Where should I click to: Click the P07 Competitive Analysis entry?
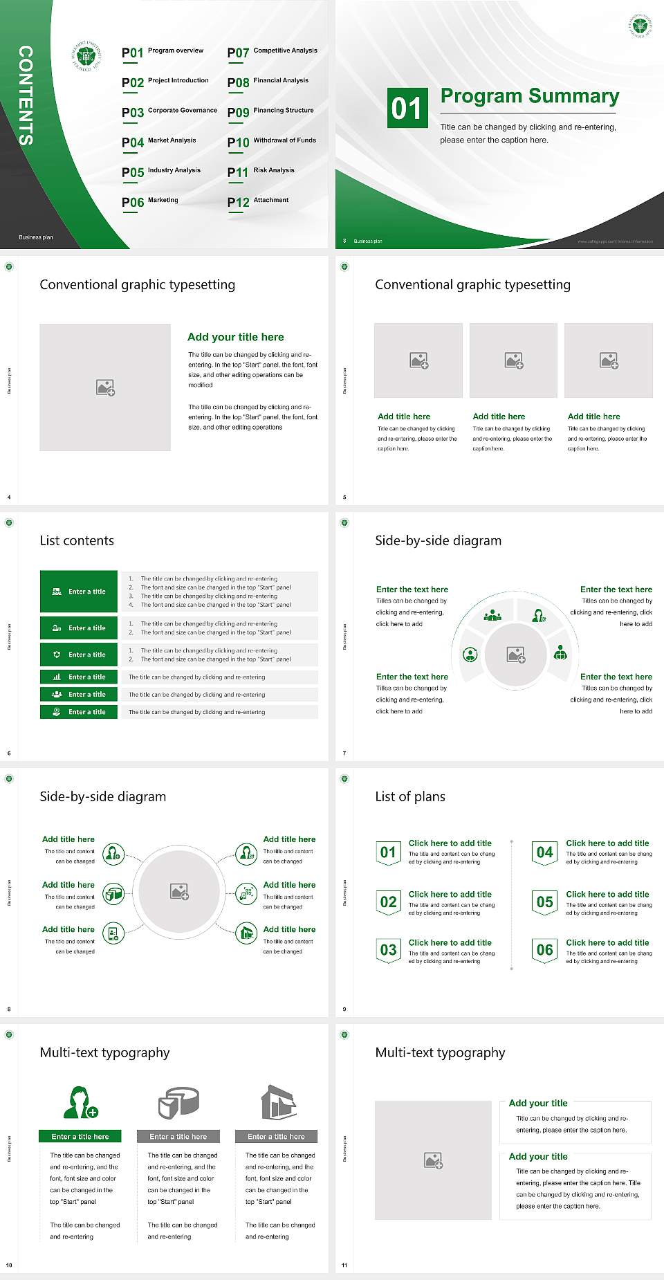[x=272, y=52]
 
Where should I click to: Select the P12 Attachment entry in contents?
[x=258, y=201]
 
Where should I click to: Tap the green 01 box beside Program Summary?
[x=407, y=108]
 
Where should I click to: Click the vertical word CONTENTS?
[x=26, y=95]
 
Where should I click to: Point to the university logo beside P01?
[x=86, y=56]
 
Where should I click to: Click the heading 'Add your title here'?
[x=235, y=337]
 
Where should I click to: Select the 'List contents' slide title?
[x=77, y=540]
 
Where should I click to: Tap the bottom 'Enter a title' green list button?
[x=79, y=712]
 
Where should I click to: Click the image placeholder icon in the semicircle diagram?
[x=516, y=655]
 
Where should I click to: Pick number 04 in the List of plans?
[x=545, y=852]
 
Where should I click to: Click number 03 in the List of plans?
[x=388, y=950]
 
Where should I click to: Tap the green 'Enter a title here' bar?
[x=80, y=1137]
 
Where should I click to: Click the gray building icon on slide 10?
[x=279, y=1103]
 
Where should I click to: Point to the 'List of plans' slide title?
[x=410, y=796]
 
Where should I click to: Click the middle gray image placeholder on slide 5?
[x=513, y=360]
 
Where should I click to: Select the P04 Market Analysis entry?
[x=159, y=142]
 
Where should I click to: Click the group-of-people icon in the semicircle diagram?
[x=492, y=615]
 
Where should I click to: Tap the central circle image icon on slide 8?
[x=180, y=892]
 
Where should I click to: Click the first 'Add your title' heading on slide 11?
[x=538, y=1103]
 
